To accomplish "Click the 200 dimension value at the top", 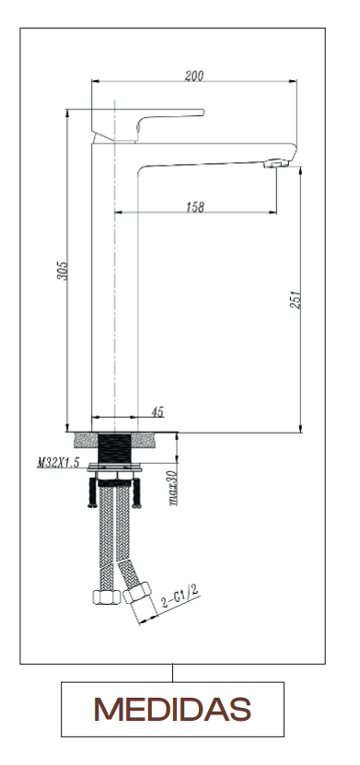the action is (x=194, y=75).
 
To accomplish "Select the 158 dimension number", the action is (x=195, y=207).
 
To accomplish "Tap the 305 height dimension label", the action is (x=63, y=271).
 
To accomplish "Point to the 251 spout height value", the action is (x=296, y=299).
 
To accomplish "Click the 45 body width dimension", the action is (x=157, y=412).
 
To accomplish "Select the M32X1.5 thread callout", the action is (x=58, y=463).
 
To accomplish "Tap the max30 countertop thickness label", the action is (x=172, y=488).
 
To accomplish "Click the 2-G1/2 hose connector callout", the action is (x=180, y=596).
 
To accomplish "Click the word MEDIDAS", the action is (x=172, y=709).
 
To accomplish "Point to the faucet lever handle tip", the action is (x=202, y=112).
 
